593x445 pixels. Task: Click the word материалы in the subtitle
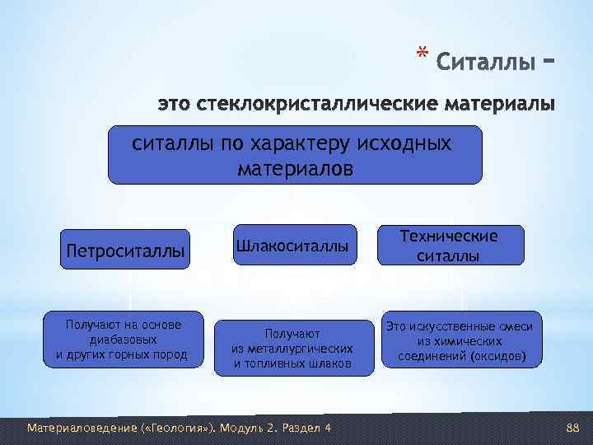tap(501, 106)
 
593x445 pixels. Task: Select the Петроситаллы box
tap(125, 250)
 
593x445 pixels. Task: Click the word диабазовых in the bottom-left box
tap(124, 340)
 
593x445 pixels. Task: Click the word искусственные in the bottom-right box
tap(451, 327)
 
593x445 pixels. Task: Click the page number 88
tap(573, 428)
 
